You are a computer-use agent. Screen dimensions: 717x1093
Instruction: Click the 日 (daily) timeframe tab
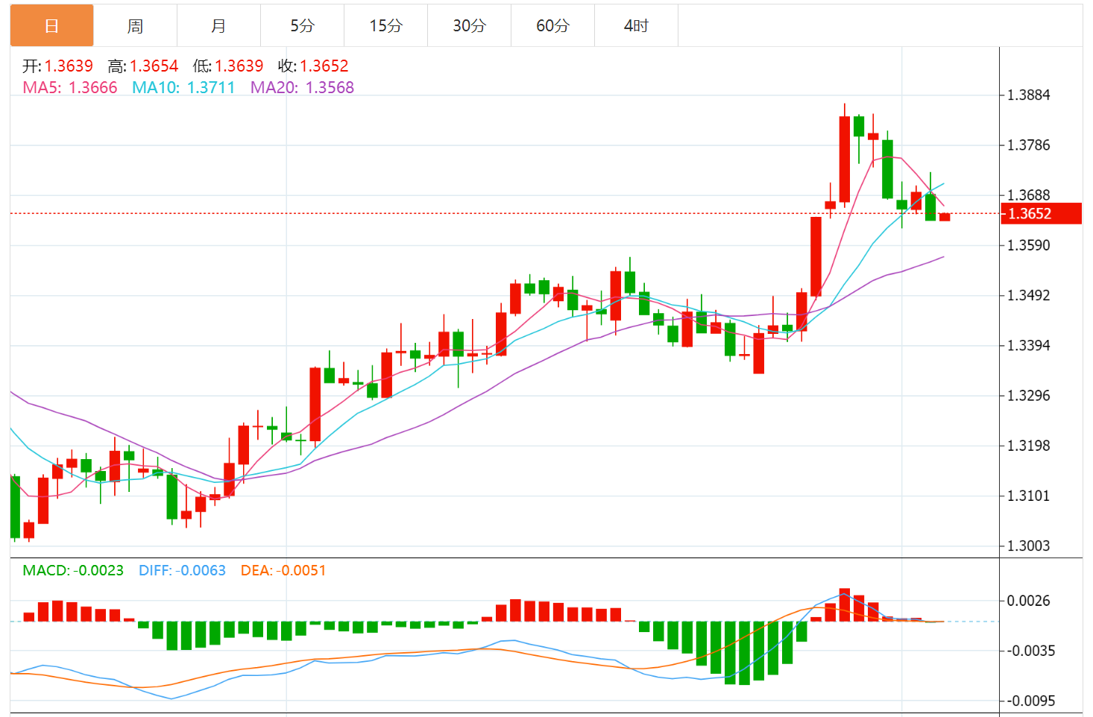coord(51,26)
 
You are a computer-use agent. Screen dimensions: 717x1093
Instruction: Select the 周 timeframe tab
coord(135,26)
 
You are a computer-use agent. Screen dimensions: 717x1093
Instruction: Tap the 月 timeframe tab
coord(218,26)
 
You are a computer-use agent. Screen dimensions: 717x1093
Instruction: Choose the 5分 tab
coord(302,26)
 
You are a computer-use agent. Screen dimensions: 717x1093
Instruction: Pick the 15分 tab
coord(385,26)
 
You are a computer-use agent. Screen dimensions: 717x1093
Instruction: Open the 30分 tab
coord(469,26)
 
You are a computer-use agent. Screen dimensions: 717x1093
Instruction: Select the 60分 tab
coord(552,26)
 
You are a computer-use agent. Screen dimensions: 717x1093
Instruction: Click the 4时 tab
coord(636,26)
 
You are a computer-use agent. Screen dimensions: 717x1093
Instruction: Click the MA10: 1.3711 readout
coord(183,88)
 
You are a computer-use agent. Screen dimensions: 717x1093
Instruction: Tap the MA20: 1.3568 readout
coord(302,88)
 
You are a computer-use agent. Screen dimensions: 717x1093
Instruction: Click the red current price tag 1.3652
coord(1041,214)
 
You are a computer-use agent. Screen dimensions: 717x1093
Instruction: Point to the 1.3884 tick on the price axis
coord(1028,95)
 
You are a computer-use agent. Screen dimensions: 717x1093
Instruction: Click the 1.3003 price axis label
coord(1028,546)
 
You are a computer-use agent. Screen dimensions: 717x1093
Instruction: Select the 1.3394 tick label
coord(1028,346)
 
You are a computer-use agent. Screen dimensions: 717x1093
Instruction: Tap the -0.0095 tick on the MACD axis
coord(1031,701)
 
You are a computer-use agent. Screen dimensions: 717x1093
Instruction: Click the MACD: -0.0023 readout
coord(73,571)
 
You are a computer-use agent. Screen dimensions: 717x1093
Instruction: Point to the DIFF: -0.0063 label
coord(182,571)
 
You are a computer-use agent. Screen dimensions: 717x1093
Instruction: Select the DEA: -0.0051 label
coord(283,571)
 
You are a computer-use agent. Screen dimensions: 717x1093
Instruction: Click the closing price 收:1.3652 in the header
coord(313,66)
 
